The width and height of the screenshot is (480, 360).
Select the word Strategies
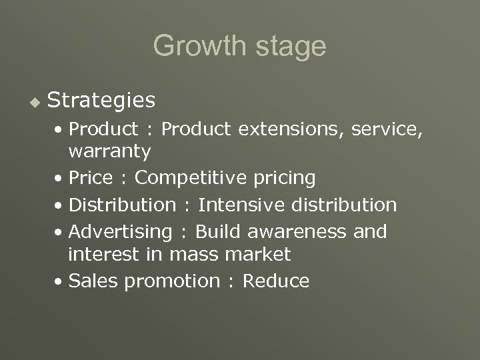102,101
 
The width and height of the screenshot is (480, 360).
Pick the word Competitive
191,179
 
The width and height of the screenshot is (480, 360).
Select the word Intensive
239,204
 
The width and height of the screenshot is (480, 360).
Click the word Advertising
121,231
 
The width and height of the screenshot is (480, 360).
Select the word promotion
172,281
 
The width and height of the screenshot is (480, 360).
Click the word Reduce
275,281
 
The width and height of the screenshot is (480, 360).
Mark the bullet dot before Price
60,179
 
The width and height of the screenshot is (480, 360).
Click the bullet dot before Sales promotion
60,281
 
